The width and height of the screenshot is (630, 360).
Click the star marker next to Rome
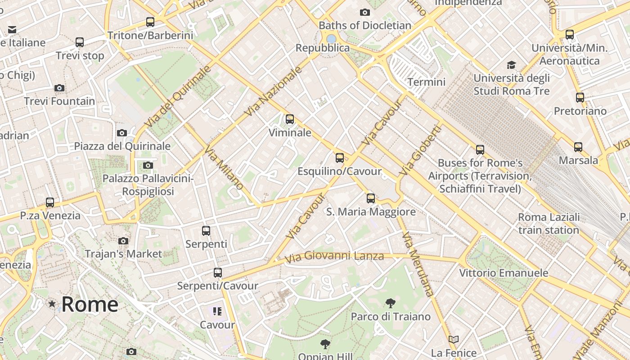(52, 304)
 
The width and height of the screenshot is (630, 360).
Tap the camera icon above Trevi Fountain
(59, 88)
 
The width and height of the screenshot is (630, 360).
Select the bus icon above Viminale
(290, 119)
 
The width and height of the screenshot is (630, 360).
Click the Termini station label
(426, 82)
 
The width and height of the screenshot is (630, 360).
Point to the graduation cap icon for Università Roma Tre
(511, 65)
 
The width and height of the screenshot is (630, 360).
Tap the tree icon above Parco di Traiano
(390, 303)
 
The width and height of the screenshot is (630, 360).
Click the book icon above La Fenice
(454, 339)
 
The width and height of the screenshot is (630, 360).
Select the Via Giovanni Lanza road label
(335, 256)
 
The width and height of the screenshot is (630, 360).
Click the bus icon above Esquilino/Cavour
(340, 158)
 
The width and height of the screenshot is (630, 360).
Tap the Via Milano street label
(224, 168)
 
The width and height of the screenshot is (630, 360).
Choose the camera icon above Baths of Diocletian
(365, 12)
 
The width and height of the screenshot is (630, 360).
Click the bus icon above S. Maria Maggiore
(370, 198)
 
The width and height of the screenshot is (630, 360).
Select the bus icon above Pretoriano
(580, 98)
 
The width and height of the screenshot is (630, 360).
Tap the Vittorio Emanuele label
(504, 273)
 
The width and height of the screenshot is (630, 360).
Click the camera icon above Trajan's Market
(123, 241)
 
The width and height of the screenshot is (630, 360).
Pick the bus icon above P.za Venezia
(50, 202)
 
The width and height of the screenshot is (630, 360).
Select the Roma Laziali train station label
(549, 224)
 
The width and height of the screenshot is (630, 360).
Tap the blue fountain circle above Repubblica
(332, 39)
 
